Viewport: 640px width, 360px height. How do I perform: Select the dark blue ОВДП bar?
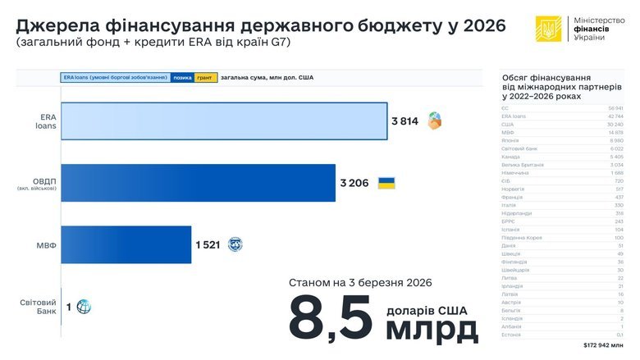click(198, 183)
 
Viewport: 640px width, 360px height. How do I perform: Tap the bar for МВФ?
click(126, 244)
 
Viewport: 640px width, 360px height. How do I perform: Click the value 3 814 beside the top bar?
click(405, 121)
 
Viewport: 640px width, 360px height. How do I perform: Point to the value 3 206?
click(354, 183)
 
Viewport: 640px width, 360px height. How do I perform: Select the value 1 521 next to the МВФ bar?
click(208, 244)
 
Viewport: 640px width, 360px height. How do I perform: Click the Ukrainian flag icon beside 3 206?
click(386, 183)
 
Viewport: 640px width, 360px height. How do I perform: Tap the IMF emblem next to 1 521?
click(235, 244)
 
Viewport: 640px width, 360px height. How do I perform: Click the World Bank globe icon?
click(83, 307)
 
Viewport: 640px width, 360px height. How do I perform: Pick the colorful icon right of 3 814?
click(434, 121)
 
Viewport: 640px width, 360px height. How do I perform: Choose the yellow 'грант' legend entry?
click(205, 78)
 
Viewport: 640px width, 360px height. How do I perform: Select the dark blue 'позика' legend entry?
click(181, 78)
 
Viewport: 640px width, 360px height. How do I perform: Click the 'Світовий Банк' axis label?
click(38, 307)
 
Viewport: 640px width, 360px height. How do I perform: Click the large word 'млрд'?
click(432, 329)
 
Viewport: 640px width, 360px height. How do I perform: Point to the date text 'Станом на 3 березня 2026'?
click(360, 283)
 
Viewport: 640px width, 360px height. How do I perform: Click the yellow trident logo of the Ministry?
click(549, 28)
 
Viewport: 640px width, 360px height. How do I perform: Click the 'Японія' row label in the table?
click(510, 140)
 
